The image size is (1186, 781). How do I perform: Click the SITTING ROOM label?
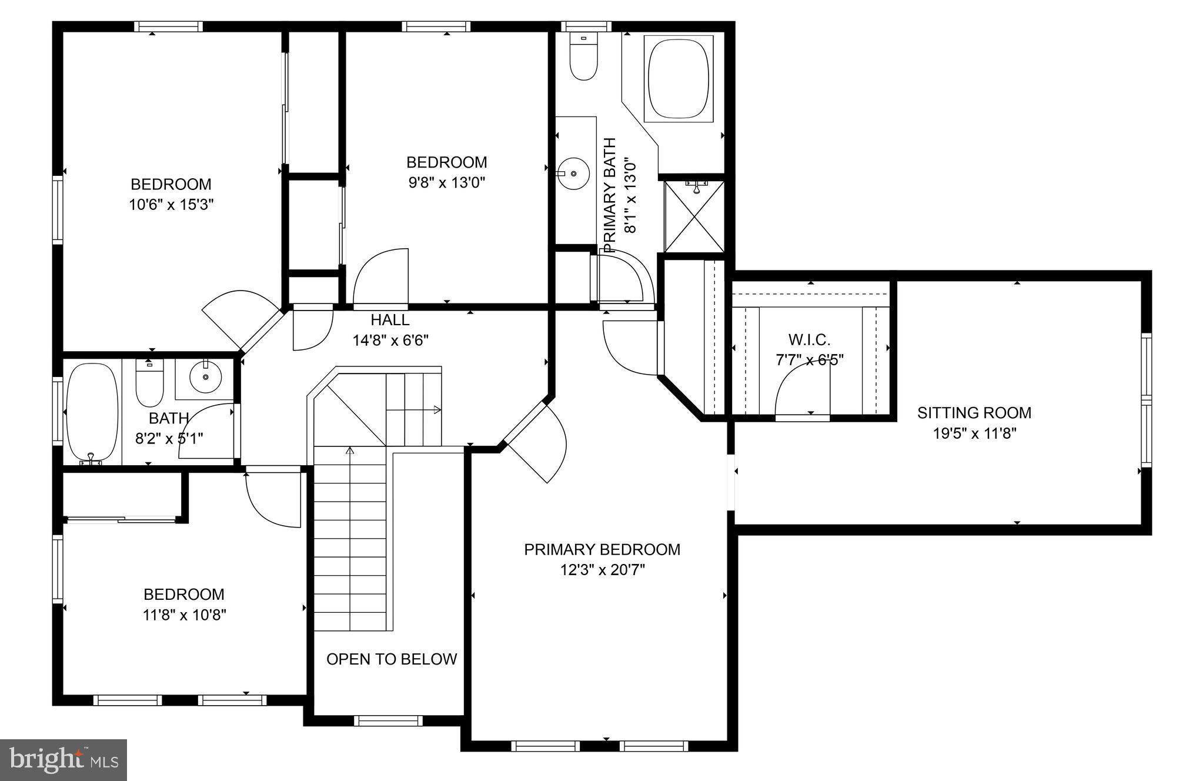974,413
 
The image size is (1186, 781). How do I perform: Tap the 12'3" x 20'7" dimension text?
602,570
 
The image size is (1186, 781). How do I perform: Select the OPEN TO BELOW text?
392,659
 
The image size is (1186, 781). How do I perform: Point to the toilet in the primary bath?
583,59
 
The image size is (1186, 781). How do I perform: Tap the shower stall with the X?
694,216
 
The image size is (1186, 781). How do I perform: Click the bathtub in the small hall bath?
91,413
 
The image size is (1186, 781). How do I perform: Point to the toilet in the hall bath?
149,383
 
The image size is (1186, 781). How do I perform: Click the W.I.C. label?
809,340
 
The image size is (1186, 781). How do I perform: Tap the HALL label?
390,321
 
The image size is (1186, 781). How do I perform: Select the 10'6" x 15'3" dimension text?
171,205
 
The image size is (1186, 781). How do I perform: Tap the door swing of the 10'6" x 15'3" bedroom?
238,318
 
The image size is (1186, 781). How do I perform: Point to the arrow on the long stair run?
350,452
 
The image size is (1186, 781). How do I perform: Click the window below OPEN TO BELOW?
388,720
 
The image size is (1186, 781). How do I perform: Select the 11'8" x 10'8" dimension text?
185,615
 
